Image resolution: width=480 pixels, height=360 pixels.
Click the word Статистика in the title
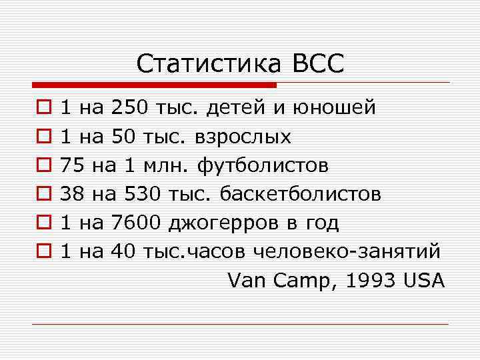[209, 64]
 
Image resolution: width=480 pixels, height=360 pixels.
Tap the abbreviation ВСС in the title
[317, 64]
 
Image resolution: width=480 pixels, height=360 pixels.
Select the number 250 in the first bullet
[132, 107]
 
